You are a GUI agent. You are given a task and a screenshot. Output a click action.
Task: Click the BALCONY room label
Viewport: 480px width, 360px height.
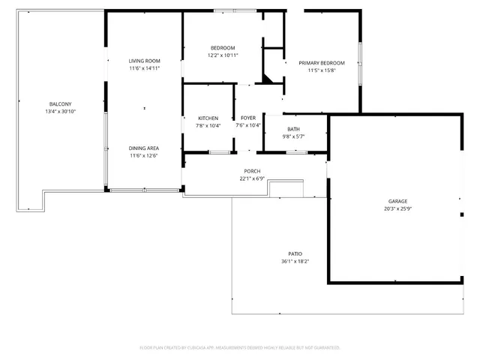[61, 103]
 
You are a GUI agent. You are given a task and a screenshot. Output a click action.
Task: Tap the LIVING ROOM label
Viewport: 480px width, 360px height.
[144, 61]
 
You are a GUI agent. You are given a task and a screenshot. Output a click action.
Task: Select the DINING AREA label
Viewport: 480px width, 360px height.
[144, 148]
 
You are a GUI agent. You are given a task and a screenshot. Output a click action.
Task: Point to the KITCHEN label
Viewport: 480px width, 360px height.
[208, 118]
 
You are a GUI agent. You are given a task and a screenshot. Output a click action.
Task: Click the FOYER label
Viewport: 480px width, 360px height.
[247, 118]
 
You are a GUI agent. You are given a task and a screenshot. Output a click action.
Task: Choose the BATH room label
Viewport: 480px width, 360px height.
[293, 129]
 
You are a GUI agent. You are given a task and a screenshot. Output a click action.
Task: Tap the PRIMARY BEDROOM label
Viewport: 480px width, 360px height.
[321, 63]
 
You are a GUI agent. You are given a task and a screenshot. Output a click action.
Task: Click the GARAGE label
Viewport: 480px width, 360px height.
[397, 201]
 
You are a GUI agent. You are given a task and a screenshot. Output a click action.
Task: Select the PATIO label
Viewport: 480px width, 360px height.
[295, 253]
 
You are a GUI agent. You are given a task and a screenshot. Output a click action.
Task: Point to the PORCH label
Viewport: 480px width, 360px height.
[252, 171]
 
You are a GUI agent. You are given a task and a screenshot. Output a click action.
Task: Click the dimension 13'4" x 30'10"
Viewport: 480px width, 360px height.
[61, 111]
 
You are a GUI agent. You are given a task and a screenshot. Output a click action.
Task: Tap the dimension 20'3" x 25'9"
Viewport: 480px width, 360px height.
[397, 208]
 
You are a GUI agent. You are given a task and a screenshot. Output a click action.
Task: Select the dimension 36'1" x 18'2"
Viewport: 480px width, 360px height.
[295, 261]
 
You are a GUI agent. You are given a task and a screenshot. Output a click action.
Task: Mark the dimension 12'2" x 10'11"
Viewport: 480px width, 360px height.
[223, 55]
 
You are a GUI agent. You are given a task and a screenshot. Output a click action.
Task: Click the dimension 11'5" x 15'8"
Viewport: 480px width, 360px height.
[321, 70]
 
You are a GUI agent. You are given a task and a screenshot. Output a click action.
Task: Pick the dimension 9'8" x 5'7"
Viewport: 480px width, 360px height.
[293, 136]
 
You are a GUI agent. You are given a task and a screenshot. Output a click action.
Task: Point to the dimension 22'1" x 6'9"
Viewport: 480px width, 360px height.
[252, 178]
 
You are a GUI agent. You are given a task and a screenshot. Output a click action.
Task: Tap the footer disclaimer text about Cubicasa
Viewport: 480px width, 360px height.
[240, 347]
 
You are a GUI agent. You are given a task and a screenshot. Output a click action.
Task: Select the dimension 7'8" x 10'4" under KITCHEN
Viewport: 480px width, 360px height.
[208, 126]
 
